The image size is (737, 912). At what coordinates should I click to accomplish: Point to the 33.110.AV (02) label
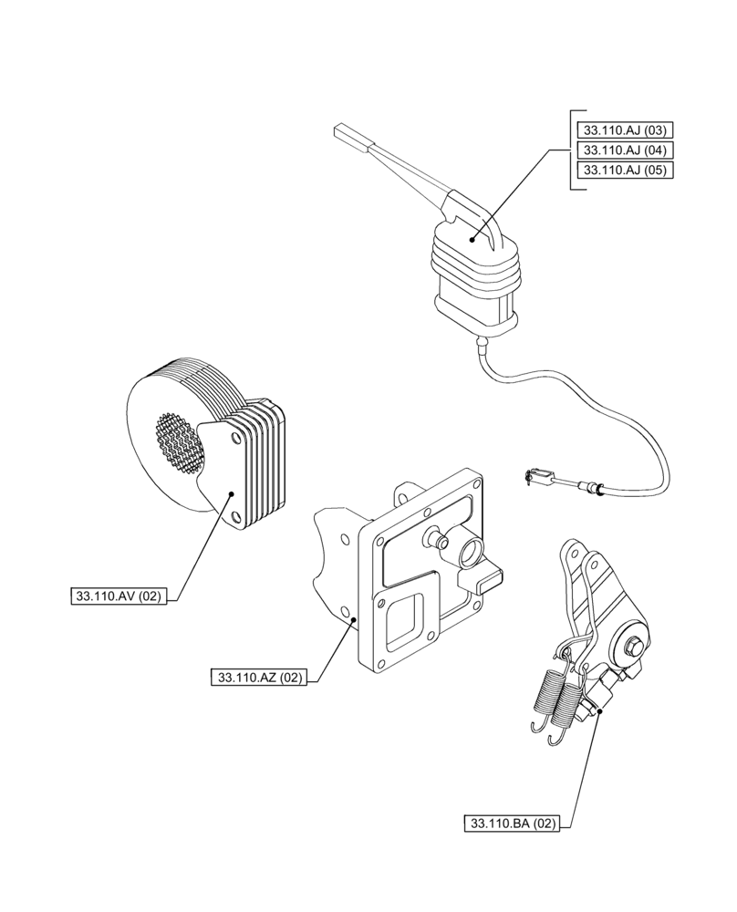click(x=117, y=597)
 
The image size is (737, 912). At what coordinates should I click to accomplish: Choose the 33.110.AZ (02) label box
click(x=259, y=677)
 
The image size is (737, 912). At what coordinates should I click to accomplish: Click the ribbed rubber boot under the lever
click(x=470, y=274)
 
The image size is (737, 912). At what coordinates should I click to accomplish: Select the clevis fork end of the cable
click(x=537, y=474)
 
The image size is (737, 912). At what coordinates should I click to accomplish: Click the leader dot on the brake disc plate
click(x=232, y=493)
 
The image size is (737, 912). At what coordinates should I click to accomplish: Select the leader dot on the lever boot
click(x=472, y=240)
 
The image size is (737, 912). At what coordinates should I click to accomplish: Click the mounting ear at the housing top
click(x=403, y=496)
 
